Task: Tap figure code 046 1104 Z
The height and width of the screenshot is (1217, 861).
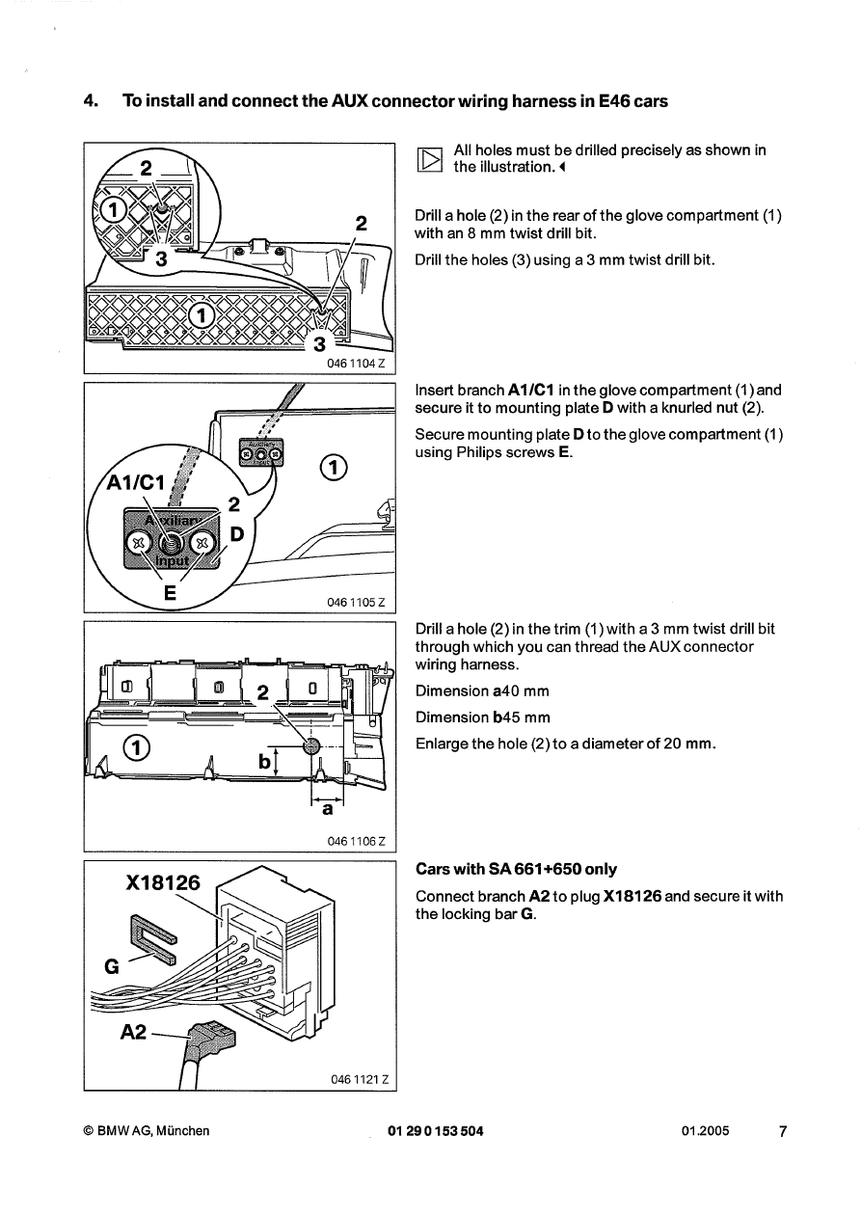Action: (x=356, y=364)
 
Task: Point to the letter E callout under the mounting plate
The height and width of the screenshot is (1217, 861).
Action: (x=170, y=594)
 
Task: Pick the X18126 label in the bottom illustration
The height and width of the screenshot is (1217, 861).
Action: (x=163, y=884)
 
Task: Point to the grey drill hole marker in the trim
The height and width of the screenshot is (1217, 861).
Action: (x=310, y=746)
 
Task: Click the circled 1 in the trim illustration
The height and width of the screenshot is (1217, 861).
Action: (x=140, y=748)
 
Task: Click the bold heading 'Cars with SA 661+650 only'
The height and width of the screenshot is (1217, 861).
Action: (x=516, y=870)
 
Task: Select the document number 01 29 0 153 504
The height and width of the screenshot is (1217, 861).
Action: (x=435, y=1131)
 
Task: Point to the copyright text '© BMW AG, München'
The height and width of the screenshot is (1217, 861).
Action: (x=147, y=1131)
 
